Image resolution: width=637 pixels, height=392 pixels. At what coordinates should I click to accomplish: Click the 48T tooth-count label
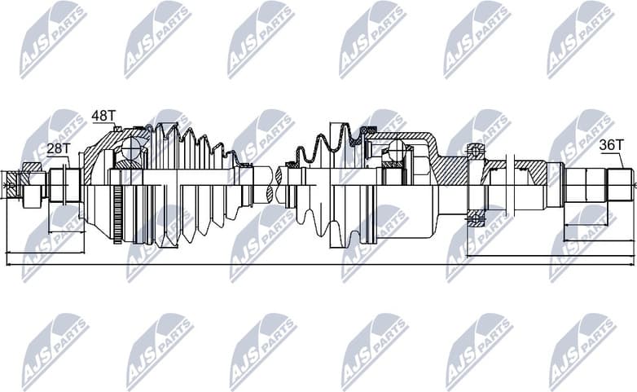coord(103,116)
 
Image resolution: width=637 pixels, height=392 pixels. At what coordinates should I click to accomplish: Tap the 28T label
coord(58,148)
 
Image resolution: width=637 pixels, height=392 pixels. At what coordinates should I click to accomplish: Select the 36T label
coord(611,145)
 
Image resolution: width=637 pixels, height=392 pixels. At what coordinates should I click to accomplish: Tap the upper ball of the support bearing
coord(476,150)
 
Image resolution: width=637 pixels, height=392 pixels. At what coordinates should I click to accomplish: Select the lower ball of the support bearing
coord(476,218)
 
